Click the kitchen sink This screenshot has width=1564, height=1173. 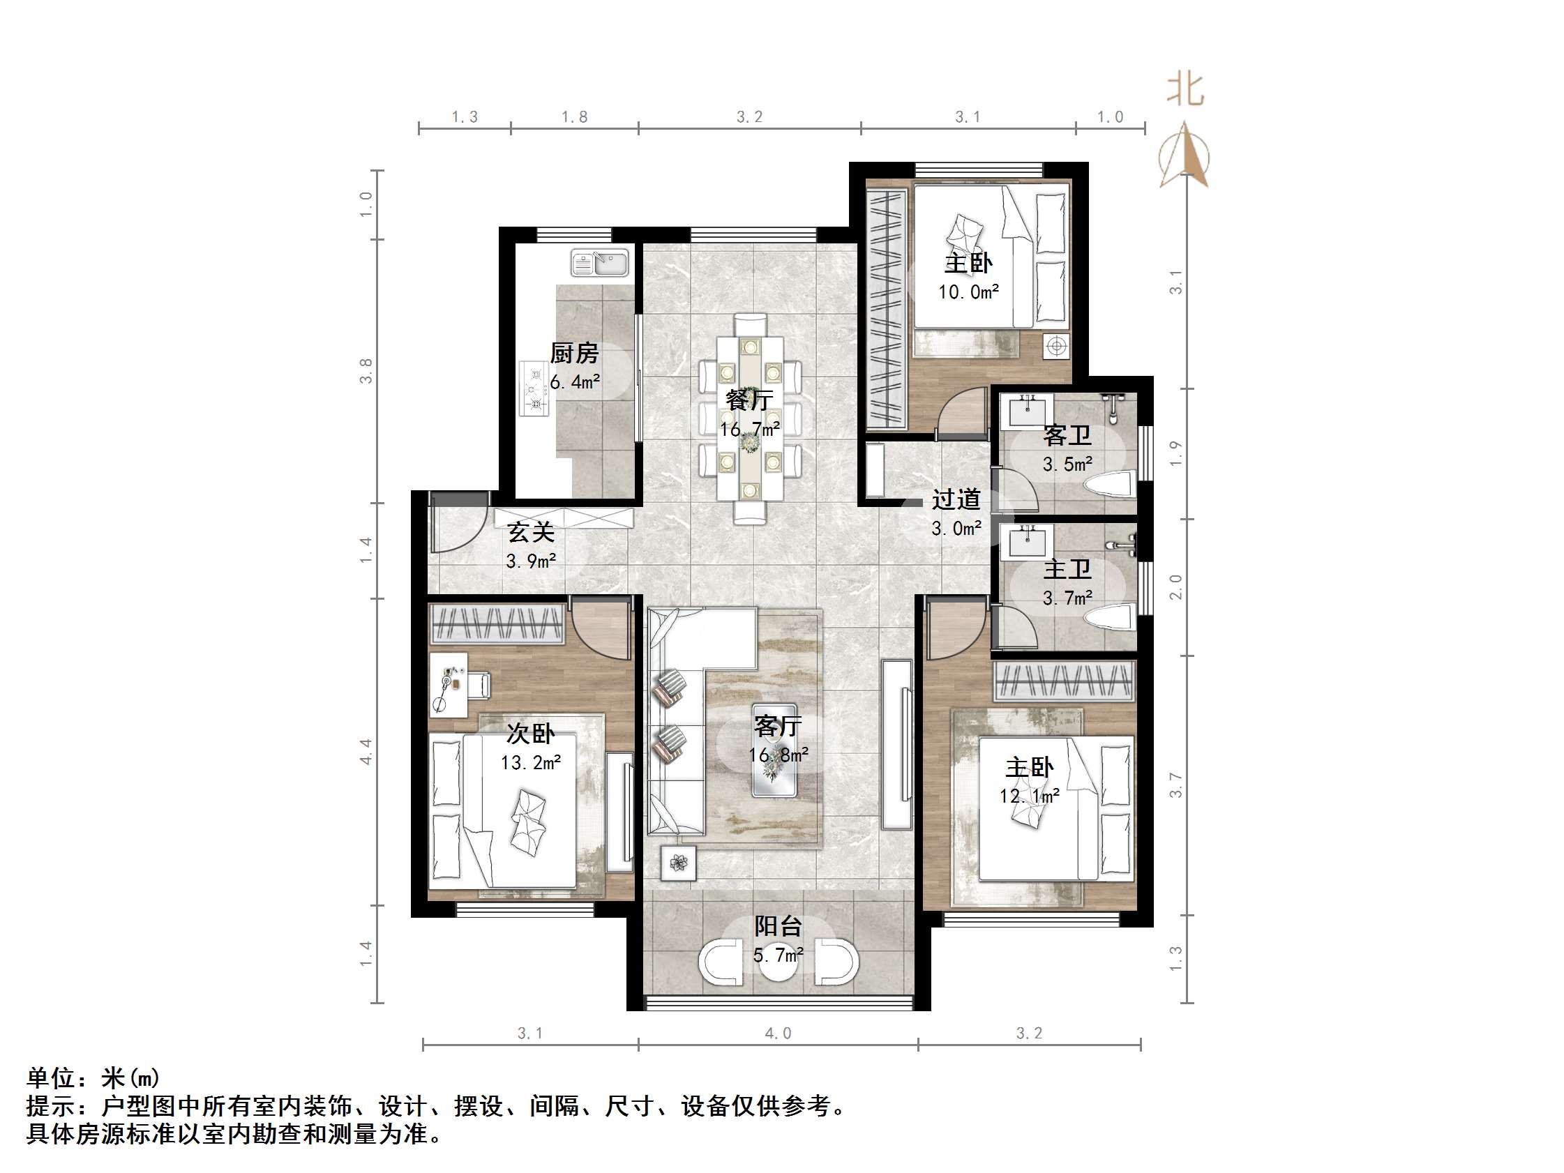click(x=600, y=263)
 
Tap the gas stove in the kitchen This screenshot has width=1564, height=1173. click(x=534, y=388)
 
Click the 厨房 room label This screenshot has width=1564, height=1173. click(x=574, y=353)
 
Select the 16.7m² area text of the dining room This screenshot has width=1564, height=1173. click(x=749, y=429)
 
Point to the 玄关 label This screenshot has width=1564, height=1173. click(x=531, y=531)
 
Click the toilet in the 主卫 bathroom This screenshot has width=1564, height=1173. click(x=1110, y=619)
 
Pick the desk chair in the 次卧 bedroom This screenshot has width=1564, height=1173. click(x=479, y=684)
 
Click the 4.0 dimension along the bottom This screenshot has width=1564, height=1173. click(x=778, y=1034)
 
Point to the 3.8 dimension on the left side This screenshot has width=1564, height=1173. click(x=366, y=371)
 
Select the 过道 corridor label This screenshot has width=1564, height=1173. click(x=956, y=500)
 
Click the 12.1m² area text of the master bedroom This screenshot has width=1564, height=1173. click(x=1029, y=796)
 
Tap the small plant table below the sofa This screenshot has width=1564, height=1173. click(x=678, y=863)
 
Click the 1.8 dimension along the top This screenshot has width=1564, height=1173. click(x=574, y=116)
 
